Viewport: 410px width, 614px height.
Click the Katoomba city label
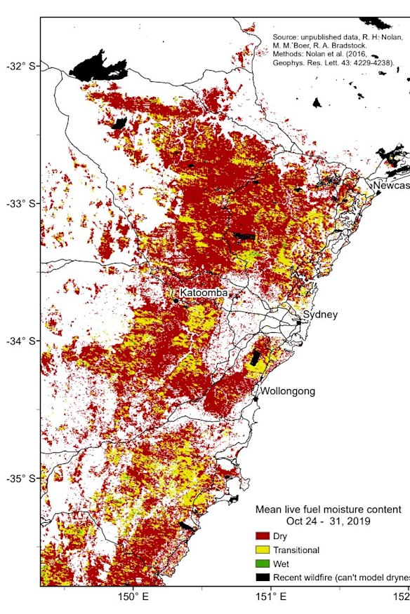[x=204, y=292]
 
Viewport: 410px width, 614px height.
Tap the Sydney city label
[x=320, y=315]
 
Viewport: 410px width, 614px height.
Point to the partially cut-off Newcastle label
[x=391, y=186]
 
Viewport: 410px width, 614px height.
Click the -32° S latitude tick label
[x=20, y=66]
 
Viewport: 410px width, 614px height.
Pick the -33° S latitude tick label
[x=20, y=203]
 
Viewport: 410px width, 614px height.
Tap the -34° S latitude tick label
[x=20, y=341]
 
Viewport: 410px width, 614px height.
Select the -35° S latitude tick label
[x=20, y=479]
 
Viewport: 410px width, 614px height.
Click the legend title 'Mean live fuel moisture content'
[x=328, y=509]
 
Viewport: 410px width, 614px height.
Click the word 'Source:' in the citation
[x=286, y=36]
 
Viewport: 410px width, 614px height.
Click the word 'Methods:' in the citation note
[x=290, y=54]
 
